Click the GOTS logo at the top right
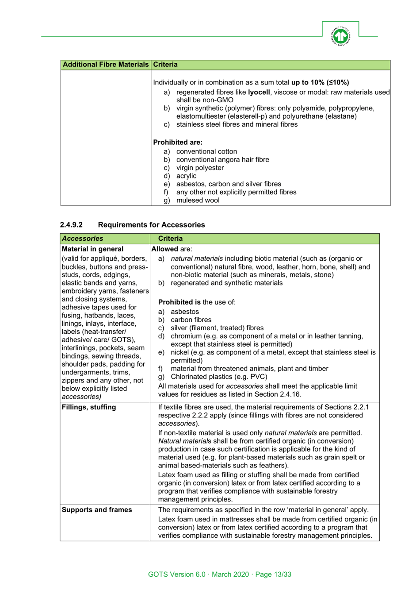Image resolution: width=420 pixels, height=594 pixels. pyautogui.click(x=340, y=36)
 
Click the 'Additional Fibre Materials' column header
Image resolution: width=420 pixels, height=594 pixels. pyautogui.click(x=106, y=65)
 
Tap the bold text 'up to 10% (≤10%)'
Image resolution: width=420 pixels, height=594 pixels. pyautogui.click(x=320, y=82)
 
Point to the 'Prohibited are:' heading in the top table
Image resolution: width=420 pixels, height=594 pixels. pyautogui.click(x=178, y=143)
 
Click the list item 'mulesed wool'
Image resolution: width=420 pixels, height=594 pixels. pyautogui.click(x=198, y=200)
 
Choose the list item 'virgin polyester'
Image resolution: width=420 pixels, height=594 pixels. pyautogui.click(x=200, y=168)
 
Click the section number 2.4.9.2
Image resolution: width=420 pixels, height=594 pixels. pyautogui.click(x=71, y=225)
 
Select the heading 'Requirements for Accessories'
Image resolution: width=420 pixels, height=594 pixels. pyautogui.click(x=151, y=225)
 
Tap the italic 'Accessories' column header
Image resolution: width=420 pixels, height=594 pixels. pyautogui.click(x=82, y=239)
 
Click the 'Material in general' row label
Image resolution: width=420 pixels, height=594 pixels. pyautogui.click(x=92, y=249)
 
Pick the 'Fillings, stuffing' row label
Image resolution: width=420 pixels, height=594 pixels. pyautogui.click(x=88, y=407)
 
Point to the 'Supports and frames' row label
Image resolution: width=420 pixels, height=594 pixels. pyautogui.click(x=96, y=510)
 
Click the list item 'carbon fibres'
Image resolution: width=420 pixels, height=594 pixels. pyautogui.click(x=191, y=320)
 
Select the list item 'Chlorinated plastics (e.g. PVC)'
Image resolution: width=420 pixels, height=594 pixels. pyautogui.click(x=219, y=377)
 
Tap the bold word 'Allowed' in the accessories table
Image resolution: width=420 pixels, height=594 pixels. pyautogui.click(x=164, y=249)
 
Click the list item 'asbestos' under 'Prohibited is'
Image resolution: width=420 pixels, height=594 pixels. pyautogui.click(x=185, y=312)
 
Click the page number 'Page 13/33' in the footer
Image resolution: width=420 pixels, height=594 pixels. pyautogui.click(x=273, y=574)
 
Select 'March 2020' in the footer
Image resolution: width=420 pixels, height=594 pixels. pyautogui.click(x=230, y=574)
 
